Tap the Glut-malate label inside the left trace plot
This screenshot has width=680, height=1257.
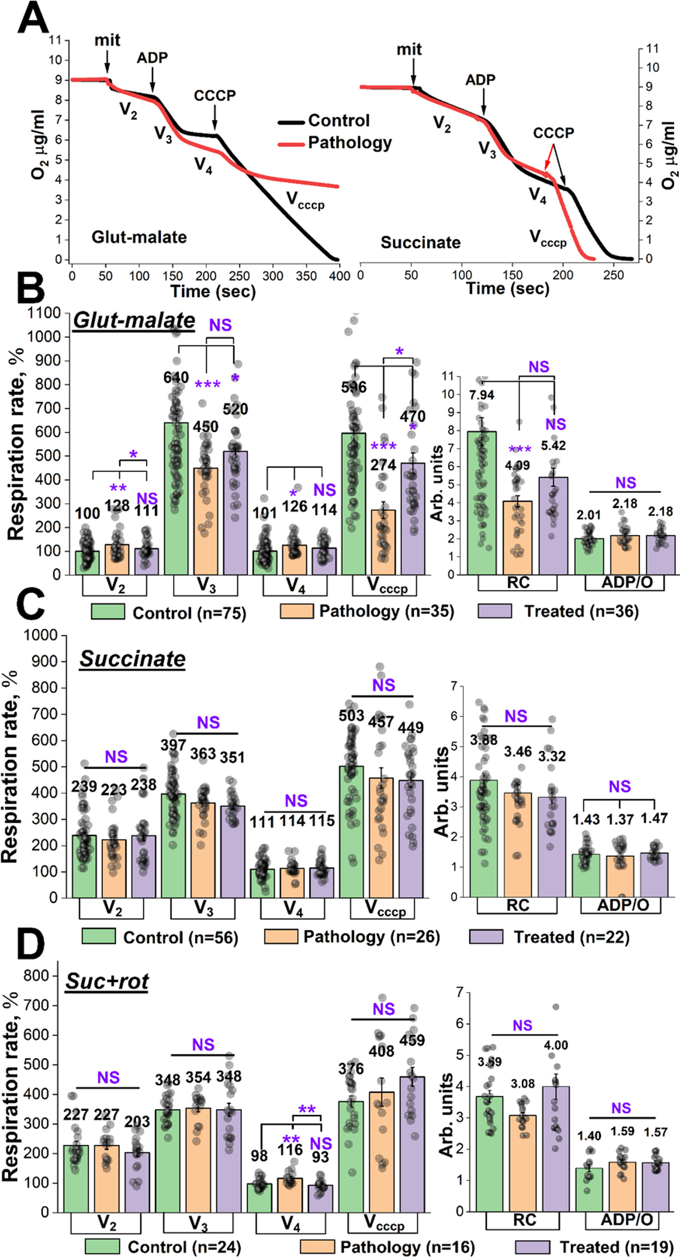pyautogui.click(x=139, y=237)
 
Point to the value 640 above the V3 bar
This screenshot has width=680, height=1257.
pyautogui.click(x=176, y=377)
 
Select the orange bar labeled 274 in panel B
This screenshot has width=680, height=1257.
pyautogui.click(x=383, y=542)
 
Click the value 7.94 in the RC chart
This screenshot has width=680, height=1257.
pyautogui.click(x=482, y=395)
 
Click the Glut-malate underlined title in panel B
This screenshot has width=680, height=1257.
pyautogui.click(x=134, y=320)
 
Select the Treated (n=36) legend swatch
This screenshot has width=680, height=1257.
pyautogui.click(x=495, y=611)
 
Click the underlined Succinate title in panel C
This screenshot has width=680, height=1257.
pyautogui.click(x=132, y=659)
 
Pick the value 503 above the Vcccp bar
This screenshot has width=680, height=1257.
pyautogui.click(x=352, y=715)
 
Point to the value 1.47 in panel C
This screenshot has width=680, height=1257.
pyautogui.click(x=654, y=818)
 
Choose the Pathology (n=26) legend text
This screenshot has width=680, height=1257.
pyautogui.click(x=371, y=937)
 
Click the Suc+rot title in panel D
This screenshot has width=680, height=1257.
pyautogui.click(x=107, y=981)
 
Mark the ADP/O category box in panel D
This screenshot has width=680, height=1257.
pyautogui.click(x=626, y=1220)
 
